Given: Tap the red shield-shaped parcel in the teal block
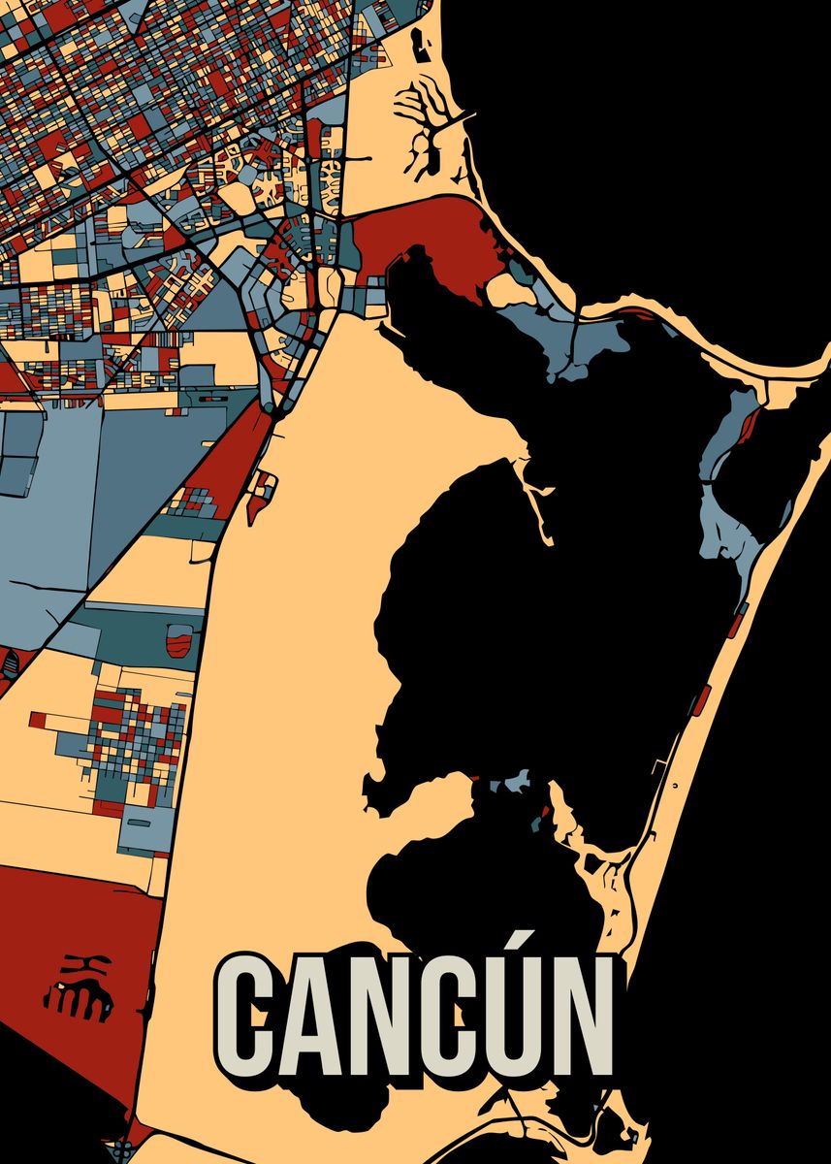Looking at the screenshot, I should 178,640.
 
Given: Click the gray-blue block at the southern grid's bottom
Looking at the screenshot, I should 145,830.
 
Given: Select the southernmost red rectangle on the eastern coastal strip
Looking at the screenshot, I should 699,697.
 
